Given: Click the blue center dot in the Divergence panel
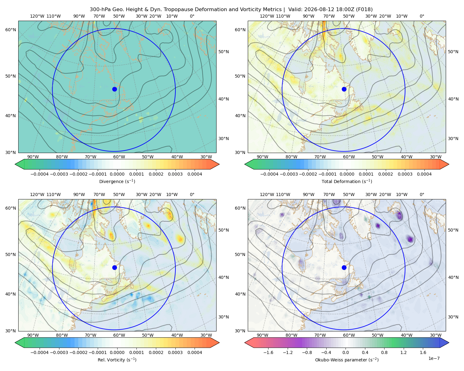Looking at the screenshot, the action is pyautogui.click(x=114, y=89).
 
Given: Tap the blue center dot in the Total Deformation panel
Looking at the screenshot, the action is pyautogui.click(x=344, y=89).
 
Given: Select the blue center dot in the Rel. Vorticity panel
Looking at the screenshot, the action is pyautogui.click(x=114, y=267).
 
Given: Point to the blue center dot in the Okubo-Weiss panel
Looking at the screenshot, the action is pyautogui.click(x=344, y=267).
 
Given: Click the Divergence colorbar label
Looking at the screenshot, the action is pyautogui.click(x=117, y=181).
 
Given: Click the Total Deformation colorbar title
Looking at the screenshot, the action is pyautogui.click(x=347, y=181).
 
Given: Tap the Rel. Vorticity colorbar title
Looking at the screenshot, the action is pyautogui.click(x=117, y=360).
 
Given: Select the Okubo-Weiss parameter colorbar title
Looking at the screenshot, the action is pyautogui.click(x=347, y=360).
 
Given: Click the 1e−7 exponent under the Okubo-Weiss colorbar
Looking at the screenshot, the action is pyautogui.click(x=434, y=358).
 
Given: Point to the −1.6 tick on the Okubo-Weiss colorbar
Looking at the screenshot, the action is pyautogui.click(x=268, y=352).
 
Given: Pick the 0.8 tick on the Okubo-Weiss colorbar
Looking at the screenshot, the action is pyautogui.click(x=384, y=352).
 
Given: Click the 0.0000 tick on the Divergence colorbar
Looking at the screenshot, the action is pyautogui.click(x=117, y=174).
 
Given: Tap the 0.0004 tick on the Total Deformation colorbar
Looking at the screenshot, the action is pyautogui.click(x=424, y=174).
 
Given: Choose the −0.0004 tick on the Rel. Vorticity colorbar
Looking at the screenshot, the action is pyautogui.click(x=40, y=352).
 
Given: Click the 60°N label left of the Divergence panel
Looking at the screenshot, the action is pyautogui.click(x=11, y=30).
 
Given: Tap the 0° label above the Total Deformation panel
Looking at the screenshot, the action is pyautogui.click(x=422, y=16).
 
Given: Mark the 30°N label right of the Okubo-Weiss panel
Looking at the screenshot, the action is pyautogui.click(x=453, y=317).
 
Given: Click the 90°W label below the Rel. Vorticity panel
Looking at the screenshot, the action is pyautogui.click(x=33, y=335).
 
